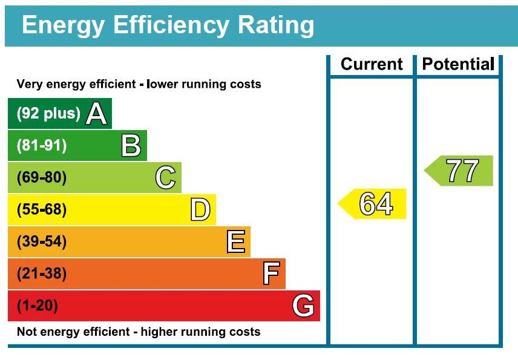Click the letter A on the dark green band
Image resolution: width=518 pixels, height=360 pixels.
point(96,113)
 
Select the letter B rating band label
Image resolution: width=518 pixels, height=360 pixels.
point(131,146)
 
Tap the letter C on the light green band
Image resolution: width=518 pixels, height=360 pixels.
point(165,178)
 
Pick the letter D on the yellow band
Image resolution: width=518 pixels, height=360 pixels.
point(200,210)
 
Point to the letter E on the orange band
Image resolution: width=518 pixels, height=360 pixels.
point(235,242)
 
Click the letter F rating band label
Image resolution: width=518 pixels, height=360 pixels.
point(270,274)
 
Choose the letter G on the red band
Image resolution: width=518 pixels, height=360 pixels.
point(303,306)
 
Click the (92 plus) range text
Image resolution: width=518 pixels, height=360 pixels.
point(48,113)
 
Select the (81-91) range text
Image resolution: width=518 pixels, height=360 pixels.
point(42,146)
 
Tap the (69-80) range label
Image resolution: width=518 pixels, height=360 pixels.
point(42,178)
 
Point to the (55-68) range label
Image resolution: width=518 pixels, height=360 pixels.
point(42,210)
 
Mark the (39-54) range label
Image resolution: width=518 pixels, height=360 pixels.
point(42,242)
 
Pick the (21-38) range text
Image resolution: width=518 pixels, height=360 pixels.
point(42,274)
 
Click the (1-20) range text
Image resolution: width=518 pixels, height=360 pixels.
point(38,306)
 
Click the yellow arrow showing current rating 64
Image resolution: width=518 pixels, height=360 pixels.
point(373,204)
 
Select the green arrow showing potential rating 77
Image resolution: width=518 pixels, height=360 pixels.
point(459,171)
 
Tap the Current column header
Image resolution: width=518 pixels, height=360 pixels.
point(372,64)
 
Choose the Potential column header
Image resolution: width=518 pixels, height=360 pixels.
point(458,64)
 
